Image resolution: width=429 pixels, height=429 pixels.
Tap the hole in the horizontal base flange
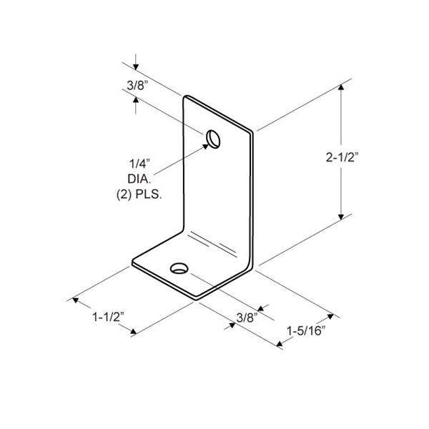pyautogui.click(x=179, y=269)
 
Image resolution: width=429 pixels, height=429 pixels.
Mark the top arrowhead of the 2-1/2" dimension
pyautogui.click(x=342, y=88)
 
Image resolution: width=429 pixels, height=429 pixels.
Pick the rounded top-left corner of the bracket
pyautogui.click(x=188, y=97)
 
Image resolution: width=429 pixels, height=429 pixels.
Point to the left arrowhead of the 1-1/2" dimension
pyautogui.click(x=74, y=300)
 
